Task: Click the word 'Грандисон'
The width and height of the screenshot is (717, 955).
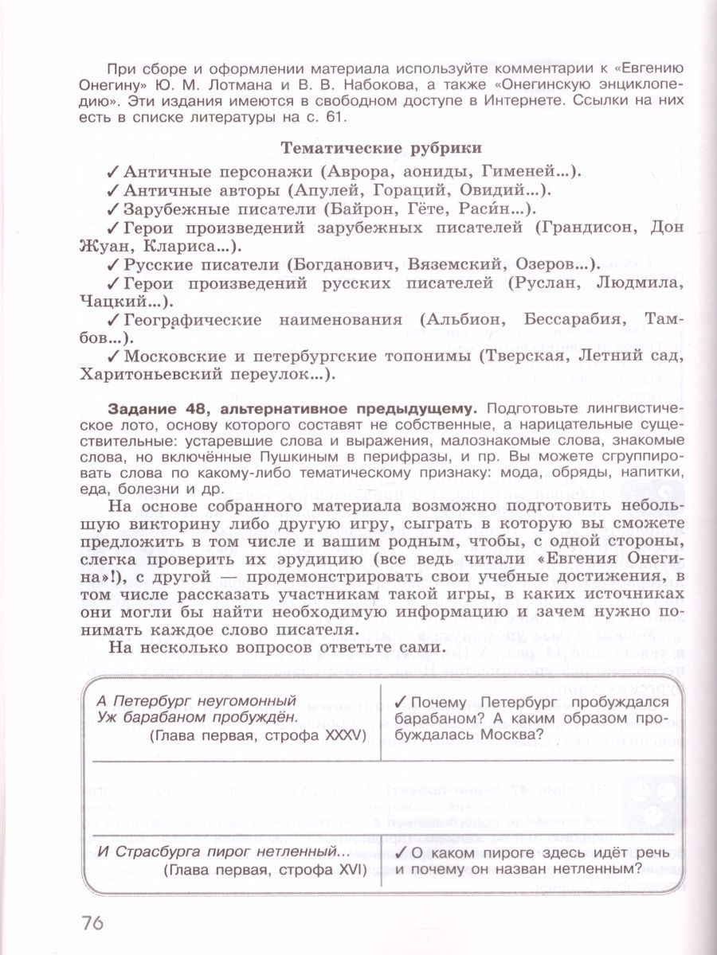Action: [x=585, y=228]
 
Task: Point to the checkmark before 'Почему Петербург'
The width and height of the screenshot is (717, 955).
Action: [x=401, y=701]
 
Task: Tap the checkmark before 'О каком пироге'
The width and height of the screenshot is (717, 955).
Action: [x=401, y=852]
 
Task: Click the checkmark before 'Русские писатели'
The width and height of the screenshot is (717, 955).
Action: [x=112, y=266]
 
